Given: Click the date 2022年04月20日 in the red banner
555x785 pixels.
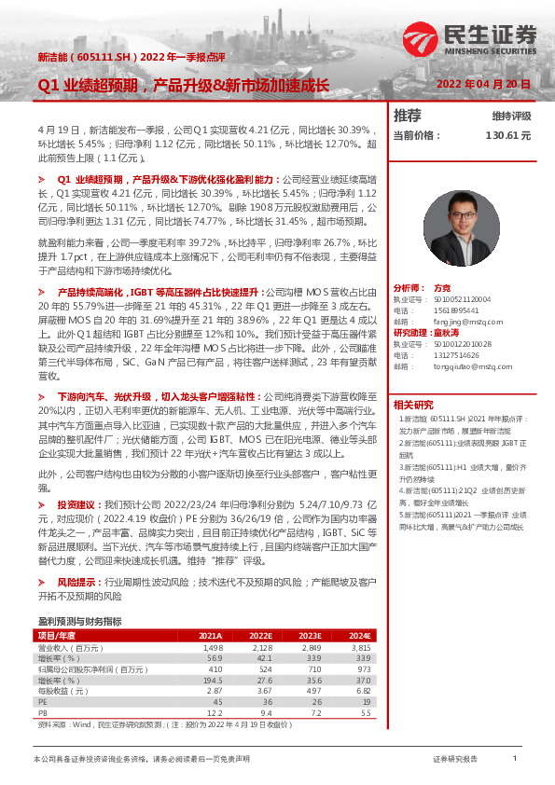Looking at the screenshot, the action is tap(484, 84).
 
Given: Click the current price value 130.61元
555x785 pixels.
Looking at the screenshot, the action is tap(507, 135).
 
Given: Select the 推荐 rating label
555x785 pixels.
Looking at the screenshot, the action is tap(408, 116).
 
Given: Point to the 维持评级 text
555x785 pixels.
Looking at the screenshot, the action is tap(511, 117).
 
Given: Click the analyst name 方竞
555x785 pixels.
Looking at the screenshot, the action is tap(442, 289).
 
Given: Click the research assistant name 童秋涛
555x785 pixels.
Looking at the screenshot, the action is tap(451, 332).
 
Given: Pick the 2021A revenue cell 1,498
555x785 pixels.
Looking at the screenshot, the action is tap(213, 647).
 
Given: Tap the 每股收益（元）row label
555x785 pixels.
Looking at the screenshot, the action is tap(62, 691).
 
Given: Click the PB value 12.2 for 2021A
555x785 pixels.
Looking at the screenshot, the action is tap(215, 712).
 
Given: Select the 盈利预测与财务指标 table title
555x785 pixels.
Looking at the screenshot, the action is tap(79, 621).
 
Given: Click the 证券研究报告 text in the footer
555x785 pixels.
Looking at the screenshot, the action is tap(456, 760).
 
